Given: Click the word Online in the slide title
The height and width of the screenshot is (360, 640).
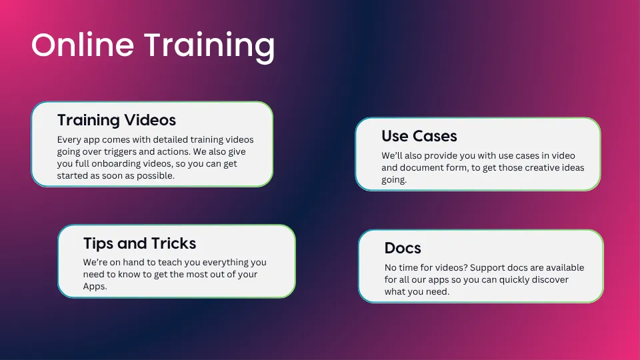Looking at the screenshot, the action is point(83,45).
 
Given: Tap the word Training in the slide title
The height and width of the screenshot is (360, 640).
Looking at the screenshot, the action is point(209,47).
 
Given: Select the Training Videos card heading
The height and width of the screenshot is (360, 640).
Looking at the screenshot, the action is point(116,120).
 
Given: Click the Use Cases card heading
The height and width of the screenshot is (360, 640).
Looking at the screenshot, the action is point(419,136).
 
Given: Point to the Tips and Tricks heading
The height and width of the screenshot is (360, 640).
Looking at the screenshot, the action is point(139,243).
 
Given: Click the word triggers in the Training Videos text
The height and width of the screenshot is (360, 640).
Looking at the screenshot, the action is point(120,152).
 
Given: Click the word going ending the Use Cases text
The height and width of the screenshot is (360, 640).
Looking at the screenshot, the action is point(394,180).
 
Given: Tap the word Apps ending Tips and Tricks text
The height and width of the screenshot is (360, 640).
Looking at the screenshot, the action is point(95,287).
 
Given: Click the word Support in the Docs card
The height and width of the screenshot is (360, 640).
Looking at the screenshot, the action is point(487,268).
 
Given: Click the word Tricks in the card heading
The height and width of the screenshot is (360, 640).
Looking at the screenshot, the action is point(174,243).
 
